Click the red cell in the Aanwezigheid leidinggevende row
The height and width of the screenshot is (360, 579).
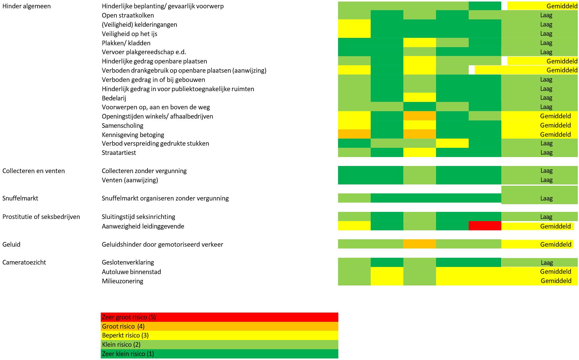[x=485, y=226]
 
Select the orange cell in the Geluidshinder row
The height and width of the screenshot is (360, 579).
[x=419, y=244]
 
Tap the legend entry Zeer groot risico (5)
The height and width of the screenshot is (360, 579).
[x=129, y=317]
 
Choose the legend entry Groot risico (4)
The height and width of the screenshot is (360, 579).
[x=123, y=326]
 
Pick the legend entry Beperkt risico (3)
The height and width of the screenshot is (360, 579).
[x=125, y=335]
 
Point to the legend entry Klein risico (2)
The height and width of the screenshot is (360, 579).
[x=121, y=345]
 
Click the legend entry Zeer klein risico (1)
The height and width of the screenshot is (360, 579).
[x=128, y=354]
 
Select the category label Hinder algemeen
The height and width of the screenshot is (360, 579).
[x=27, y=6]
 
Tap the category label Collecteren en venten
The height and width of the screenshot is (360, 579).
[x=34, y=171]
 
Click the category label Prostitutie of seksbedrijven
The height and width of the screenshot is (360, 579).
[x=41, y=217]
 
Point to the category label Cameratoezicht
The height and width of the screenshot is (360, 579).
[x=24, y=262]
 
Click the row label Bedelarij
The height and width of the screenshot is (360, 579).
[x=114, y=98]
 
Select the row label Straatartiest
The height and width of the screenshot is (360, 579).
[x=119, y=153]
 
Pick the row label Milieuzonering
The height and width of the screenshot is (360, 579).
[x=122, y=281]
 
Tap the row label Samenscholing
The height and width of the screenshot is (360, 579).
[x=122, y=126]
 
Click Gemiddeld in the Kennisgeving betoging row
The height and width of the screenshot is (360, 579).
[x=555, y=135]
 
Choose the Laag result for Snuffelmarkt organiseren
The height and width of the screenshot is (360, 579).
[x=546, y=199]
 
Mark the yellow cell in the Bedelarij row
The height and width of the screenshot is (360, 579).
[x=419, y=97]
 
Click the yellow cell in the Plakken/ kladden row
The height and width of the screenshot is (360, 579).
[x=419, y=43]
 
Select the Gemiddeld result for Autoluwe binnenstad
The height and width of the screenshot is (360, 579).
[x=555, y=272]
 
